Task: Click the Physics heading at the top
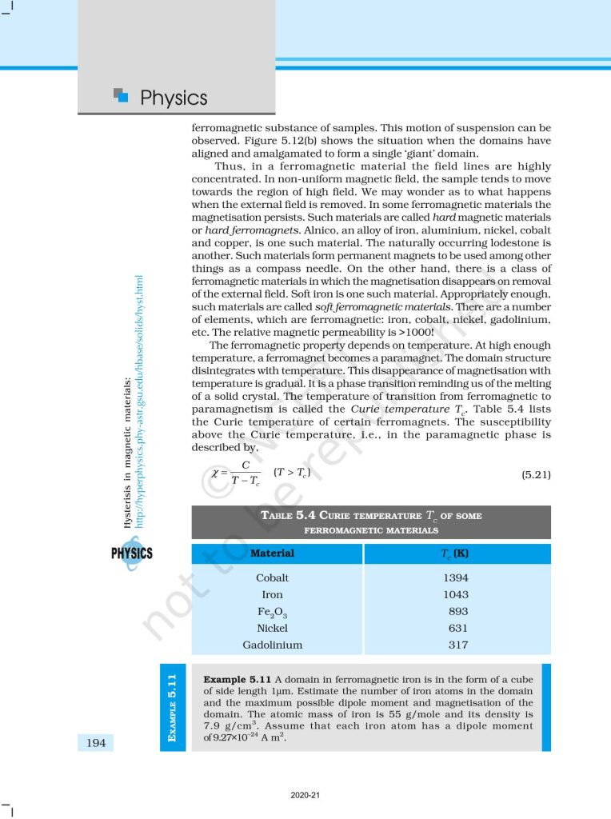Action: point(173,98)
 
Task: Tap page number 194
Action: point(96,744)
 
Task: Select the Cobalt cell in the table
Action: point(273,577)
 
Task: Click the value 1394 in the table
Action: point(456,577)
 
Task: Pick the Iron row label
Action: point(273,594)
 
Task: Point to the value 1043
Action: point(456,594)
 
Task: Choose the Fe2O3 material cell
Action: point(273,612)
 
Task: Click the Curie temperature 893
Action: point(458,611)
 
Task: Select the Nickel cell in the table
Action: point(273,628)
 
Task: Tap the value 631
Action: point(458,628)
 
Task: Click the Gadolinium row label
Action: point(273,645)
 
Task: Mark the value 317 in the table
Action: point(458,645)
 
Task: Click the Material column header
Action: point(273,553)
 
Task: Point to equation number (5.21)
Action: point(536,475)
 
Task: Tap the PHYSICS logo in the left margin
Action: point(132,553)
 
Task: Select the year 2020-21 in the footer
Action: point(305,795)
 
